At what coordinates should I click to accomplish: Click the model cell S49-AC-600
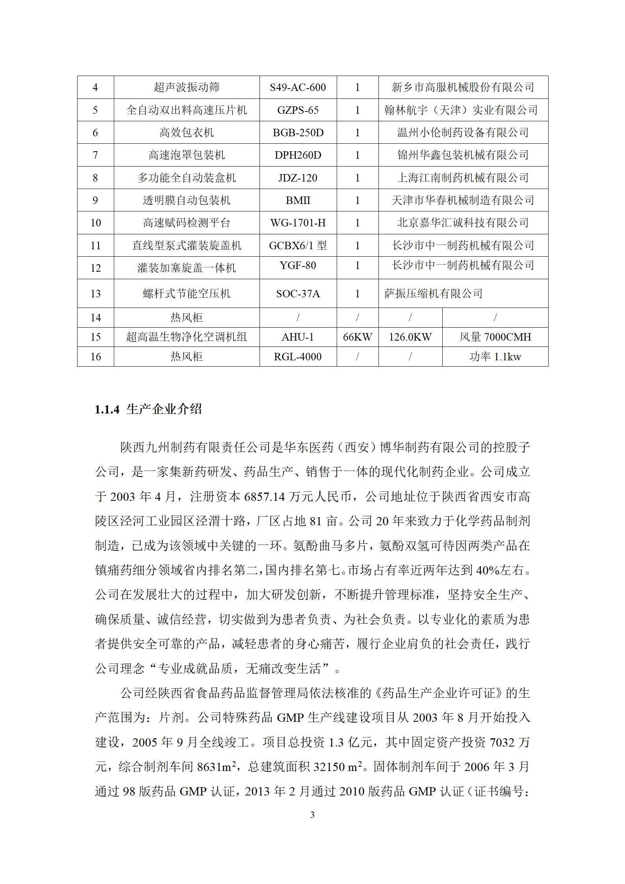(298, 87)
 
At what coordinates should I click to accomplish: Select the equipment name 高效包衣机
(187, 133)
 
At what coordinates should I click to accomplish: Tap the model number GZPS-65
(298, 110)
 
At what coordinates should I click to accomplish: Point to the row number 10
(96, 223)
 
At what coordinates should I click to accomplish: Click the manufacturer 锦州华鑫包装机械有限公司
(463, 155)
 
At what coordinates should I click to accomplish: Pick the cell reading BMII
(298, 200)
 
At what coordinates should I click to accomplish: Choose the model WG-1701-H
(298, 223)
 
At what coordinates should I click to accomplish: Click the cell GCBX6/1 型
(298, 246)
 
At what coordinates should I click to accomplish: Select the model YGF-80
(298, 265)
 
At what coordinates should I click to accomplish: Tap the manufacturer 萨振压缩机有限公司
(433, 294)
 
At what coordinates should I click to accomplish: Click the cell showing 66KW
(357, 337)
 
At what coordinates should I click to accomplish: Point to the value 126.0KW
(410, 337)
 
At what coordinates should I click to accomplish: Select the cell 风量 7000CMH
(495, 337)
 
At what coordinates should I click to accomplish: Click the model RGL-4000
(298, 357)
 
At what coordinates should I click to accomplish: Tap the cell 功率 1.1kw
(495, 357)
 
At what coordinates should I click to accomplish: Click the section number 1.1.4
(107, 410)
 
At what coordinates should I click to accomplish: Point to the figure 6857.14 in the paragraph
(264, 497)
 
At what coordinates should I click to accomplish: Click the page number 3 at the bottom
(312, 815)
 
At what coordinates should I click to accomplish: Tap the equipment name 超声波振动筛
(187, 87)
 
